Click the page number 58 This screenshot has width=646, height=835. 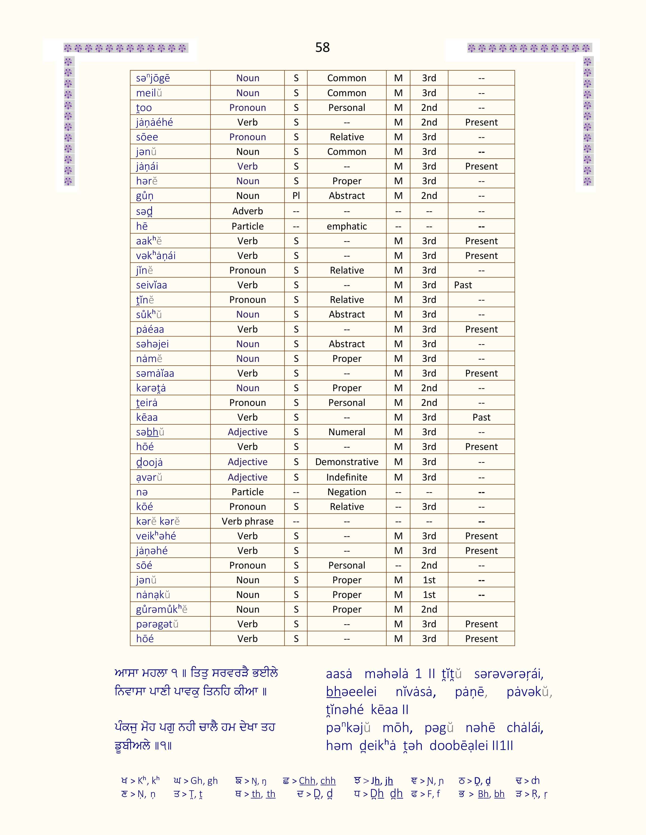click(x=322, y=47)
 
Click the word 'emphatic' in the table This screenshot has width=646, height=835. click(x=347, y=226)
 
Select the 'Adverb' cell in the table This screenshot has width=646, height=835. click(x=248, y=211)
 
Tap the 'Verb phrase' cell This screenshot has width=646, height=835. click(x=248, y=521)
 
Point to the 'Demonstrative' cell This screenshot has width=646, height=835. click(x=347, y=462)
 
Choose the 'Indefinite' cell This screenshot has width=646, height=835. click(x=347, y=477)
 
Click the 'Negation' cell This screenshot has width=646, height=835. click(x=347, y=492)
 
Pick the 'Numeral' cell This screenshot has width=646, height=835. click(x=347, y=432)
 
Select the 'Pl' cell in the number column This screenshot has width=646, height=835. click(x=296, y=196)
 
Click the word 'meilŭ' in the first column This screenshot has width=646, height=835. click(x=149, y=93)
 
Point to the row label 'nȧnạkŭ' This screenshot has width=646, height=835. click(x=153, y=595)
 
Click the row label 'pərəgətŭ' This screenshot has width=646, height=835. click(x=157, y=624)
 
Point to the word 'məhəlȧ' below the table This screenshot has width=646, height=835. click(x=386, y=674)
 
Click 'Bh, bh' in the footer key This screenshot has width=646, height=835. click(x=491, y=794)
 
